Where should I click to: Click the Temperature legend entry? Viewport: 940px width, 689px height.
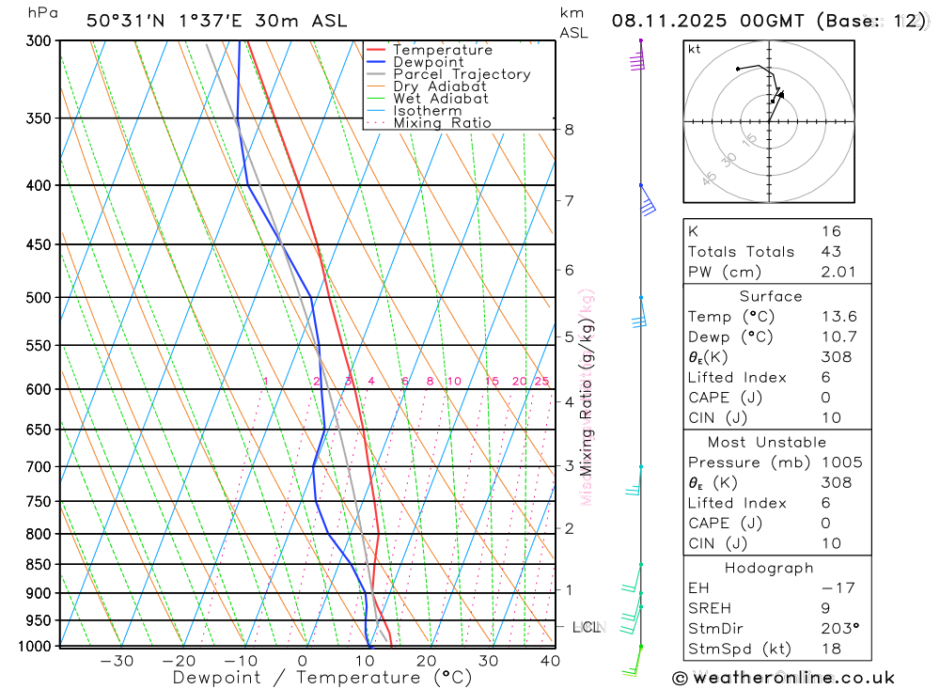coord(442,50)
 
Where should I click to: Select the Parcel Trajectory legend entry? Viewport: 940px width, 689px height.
coord(462,74)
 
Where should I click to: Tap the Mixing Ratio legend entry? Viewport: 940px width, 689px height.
coord(442,123)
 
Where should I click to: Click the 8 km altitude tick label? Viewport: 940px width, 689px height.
coord(569,130)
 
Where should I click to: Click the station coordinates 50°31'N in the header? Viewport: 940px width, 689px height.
coord(122,21)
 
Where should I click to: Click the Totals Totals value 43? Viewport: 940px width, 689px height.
coord(830,252)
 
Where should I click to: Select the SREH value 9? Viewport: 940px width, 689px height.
coord(824,608)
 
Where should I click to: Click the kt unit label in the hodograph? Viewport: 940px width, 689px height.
coord(694,49)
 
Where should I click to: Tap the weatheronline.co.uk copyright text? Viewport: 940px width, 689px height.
coord(783,678)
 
